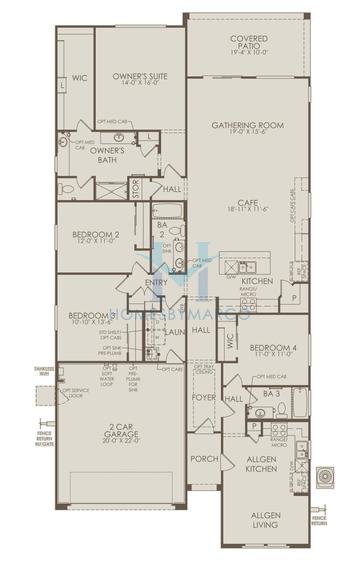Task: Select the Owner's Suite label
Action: pos(139,77)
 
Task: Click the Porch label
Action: pos(204,459)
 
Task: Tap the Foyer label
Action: pos(204,397)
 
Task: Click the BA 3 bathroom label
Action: pos(270,394)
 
